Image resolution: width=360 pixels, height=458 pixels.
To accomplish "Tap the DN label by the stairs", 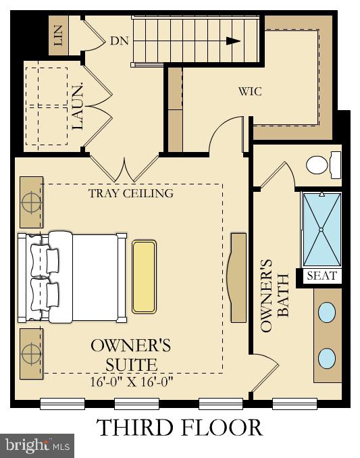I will [x=120, y=41].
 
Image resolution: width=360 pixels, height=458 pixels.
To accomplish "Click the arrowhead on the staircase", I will [x=233, y=41].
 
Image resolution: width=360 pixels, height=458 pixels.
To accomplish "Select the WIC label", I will [x=250, y=91].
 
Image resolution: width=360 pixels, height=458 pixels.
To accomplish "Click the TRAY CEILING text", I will [x=131, y=193].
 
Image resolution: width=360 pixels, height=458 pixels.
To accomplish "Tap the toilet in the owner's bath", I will [x=322, y=163].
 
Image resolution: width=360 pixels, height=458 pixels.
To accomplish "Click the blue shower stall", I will [x=321, y=230].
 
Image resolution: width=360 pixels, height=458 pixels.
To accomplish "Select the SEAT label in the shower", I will [x=321, y=276].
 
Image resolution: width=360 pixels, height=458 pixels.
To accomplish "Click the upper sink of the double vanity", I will [x=326, y=312].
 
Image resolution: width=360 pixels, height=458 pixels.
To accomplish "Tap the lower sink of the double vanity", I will [x=326, y=357].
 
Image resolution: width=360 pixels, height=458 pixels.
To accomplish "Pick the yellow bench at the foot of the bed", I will [x=144, y=276].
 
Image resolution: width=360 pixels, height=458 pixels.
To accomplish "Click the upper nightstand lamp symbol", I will [x=30, y=202].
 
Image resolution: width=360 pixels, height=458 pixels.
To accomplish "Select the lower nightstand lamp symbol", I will [x=30, y=353].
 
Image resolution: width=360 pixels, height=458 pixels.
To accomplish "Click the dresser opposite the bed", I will [x=238, y=278].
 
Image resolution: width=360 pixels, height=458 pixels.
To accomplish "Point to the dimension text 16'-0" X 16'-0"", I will [x=132, y=382].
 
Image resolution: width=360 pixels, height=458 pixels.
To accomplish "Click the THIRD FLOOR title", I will [x=179, y=428].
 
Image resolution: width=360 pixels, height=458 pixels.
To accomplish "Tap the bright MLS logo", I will [x=37, y=445].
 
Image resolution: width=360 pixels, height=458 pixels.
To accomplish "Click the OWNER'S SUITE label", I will [x=131, y=355].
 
